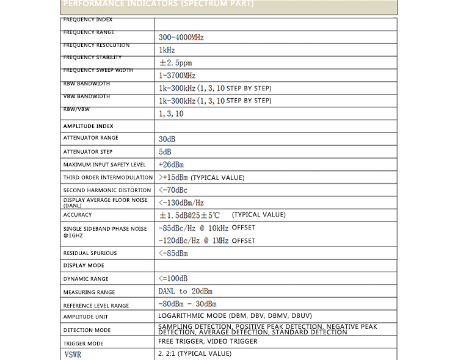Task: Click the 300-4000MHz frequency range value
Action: tap(181, 37)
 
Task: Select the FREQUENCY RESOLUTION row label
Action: tap(96, 45)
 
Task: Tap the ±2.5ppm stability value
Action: tap(175, 63)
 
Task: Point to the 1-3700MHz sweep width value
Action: tap(177, 76)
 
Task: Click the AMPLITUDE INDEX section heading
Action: tap(88, 126)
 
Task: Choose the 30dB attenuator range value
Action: tap(167, 139)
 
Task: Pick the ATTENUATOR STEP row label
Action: tap(88, 152)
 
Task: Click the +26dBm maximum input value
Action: tap(171, 165)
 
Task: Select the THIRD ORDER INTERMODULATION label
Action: tap(108, 178)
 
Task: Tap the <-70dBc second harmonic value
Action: tap(173, 190)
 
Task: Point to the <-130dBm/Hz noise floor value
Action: tap(181, 203)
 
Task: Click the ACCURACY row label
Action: tap(78, 215)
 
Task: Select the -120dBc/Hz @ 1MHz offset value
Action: tap(206, 241)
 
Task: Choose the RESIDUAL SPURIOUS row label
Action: tap(90, 253)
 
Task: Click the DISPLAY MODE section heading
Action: tap(84, 265)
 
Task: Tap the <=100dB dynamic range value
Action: tap(173, 279)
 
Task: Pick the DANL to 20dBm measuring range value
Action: tap(185, 292)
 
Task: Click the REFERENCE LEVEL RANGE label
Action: tap(96, 306)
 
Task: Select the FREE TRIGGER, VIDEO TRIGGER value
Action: tap(208, 342)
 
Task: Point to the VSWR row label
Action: tap(73, 355)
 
